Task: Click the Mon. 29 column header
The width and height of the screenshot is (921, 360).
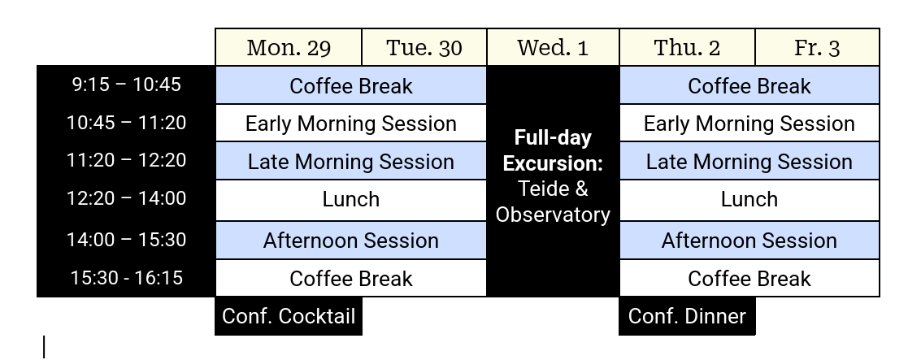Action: pos(289,47)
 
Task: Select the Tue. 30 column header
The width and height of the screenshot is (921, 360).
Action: pos(424,47)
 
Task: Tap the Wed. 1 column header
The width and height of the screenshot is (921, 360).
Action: pos(553,47)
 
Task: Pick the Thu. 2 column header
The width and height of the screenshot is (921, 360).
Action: pos(687,47)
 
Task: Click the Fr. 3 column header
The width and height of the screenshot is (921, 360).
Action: pos(817,47)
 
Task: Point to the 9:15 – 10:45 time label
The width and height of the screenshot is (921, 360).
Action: pos(126,85)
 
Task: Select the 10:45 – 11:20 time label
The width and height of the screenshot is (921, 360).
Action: pos(126,123)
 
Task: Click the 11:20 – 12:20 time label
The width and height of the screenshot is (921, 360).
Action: pos(126,160)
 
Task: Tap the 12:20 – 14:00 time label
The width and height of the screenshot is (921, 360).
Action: pos(126,198)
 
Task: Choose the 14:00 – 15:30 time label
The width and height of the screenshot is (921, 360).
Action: pos(126,240)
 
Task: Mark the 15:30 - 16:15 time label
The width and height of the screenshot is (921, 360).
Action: pos(126,278)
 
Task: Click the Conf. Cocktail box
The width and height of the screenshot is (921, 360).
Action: pos(289,316)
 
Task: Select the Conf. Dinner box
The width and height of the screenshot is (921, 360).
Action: pos(687,316)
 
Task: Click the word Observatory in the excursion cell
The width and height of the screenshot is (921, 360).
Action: pos(553,215)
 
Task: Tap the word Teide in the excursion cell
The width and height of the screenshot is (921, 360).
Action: pos(537,189)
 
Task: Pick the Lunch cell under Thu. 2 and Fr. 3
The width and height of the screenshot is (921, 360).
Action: pos(749,200)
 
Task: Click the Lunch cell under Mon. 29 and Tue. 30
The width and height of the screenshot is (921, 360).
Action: pos(350,200)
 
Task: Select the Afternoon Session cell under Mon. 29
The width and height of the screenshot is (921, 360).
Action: pos(350,241)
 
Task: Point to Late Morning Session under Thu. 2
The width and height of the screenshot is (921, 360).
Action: pos(749,161)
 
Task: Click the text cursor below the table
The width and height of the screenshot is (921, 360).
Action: pos(44,346)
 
